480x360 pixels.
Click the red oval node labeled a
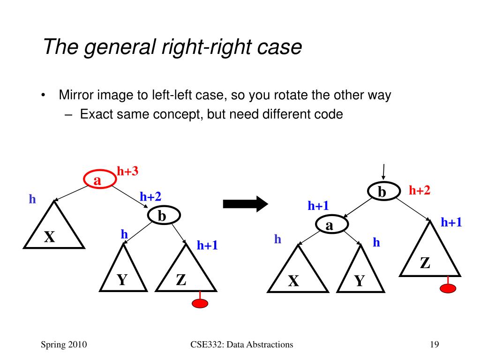click(x=100, y=179)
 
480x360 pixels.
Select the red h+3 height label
click(x=127, y=171)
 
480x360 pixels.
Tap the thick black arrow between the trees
click(x=246, y=204)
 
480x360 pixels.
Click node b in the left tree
click(x=164, y=215)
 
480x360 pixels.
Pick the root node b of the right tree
click(x=384, y=191)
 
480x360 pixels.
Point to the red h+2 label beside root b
click(x=420, y=190)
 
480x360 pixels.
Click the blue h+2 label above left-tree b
click(x=150, y=196)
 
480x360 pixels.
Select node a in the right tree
click(x=332, y=225)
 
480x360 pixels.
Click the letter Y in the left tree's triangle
click(x=122, y=280)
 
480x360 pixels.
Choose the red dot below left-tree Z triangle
click(x=200, y=303)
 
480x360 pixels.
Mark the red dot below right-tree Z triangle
click(x=448, y=288)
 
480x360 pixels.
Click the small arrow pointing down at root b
click(x=383, y=172)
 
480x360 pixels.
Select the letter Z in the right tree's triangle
click(x=425, y=263)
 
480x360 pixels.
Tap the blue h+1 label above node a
click(x=318, y=206)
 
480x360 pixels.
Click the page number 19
click(x=435, y=345)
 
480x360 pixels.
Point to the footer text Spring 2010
click(x=64, y=345)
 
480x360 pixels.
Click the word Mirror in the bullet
click(x=76, y=95)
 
